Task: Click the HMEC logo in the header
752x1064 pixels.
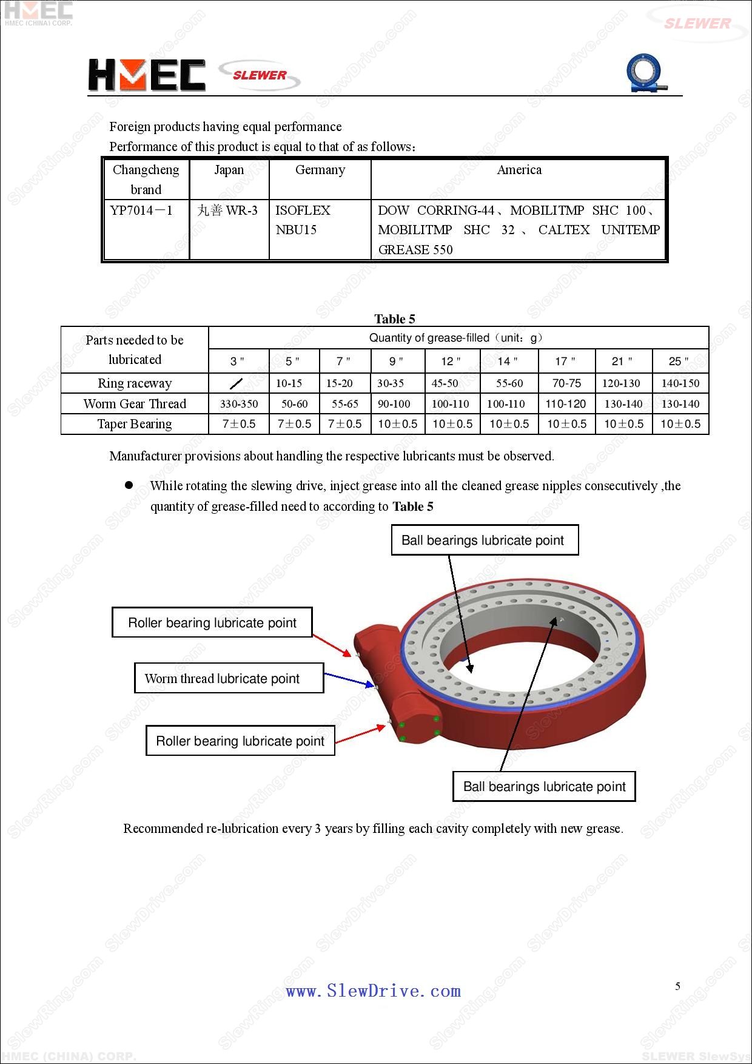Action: click(x=147, y=75)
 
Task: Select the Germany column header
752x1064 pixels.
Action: click(x=320, y=170)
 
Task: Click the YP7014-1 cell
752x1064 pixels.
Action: click(x=142, y=210)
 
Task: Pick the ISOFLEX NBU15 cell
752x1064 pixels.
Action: click(x=303, y=220)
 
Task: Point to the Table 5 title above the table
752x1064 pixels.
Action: click(x=395, y=319)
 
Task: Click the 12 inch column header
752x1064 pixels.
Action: click(x=451, y=362)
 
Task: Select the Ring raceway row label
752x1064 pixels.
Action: click(x=135, y=383)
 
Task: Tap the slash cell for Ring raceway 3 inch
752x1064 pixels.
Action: click(x=237, y=383)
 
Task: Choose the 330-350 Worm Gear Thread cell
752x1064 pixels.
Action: click(x=239, y=404)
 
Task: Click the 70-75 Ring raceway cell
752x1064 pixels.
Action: click(x=566, y=383)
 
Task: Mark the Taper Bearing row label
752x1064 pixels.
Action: click(x=135, y=424)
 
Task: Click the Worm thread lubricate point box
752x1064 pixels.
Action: click(x=229, y=678)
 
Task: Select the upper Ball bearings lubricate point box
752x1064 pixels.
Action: click(x=483, y=540)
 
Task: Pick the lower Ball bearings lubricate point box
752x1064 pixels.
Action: click(x=544, y=787)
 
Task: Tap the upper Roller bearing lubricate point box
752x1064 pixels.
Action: click(x=212, y=623)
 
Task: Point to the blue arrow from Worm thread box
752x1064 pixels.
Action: click(x=349, y=680)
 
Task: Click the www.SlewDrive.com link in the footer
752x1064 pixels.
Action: click(x=373, y=991)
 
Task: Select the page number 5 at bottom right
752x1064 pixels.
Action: click(x=678, y=986)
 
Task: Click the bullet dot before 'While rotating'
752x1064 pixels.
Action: click(x=129, y=485)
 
